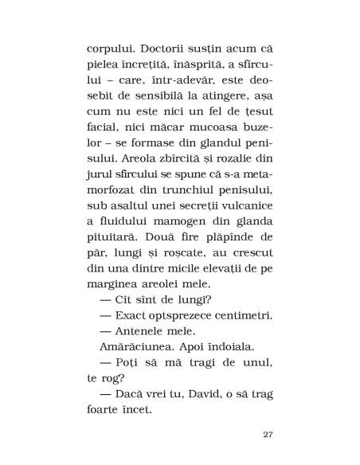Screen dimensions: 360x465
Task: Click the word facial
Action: point(108,140)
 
